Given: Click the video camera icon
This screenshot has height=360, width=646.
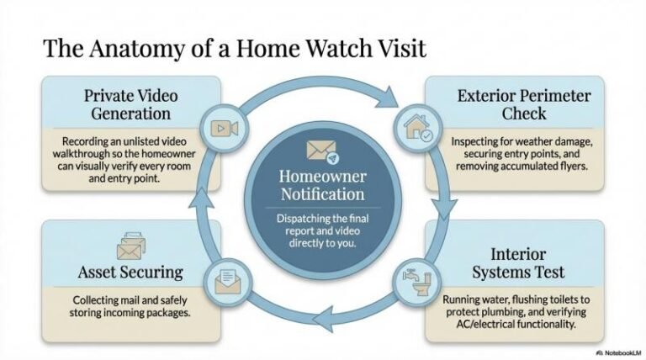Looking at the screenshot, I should click(x=223, y=129).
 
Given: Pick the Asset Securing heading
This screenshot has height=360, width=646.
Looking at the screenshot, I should click(x=130, y=272).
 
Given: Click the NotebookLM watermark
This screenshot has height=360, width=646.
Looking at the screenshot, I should click(x=617, y=352).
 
